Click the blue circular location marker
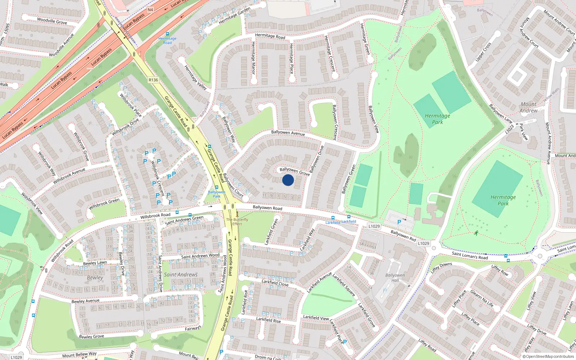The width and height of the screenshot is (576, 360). click(x=288, y=180)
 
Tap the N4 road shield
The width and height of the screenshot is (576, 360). click(x=150, y=10)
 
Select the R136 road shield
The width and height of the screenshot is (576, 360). click(x=153, y=80)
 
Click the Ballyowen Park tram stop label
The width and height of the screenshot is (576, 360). click(x=216, y=194)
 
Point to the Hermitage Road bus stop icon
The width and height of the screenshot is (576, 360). click(x=167, y=33)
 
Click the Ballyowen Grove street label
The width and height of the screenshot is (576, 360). click(x=294, y=171)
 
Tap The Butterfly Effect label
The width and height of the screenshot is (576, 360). click(x=237, y=221)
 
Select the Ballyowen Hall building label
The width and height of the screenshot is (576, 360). click(x=395, y=278)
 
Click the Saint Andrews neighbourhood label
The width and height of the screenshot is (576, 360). click(x=181, y=275)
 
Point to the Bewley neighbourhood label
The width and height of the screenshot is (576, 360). click(x=95, y=278)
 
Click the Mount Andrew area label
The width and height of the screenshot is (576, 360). click(x=528, y=107)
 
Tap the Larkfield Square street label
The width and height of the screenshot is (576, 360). click(x=344, y=285)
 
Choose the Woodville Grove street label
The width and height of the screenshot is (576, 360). click(x=52, y=21)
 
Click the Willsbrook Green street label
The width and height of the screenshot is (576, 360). click(x=104, y=204)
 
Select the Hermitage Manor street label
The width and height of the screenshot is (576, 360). click(x=253, y=58)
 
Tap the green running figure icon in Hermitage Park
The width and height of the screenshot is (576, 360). click(x=477, y=233)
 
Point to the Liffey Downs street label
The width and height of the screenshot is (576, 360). click(x=441, y=268)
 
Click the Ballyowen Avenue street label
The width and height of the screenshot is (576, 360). click(x=288, y=133)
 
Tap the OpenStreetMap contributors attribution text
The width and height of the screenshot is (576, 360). click(x=548, y=356)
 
